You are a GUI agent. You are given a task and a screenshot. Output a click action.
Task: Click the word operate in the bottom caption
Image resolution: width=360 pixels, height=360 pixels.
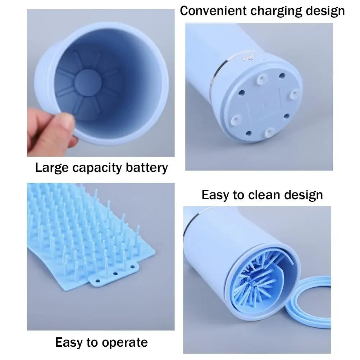(x=125, y=342)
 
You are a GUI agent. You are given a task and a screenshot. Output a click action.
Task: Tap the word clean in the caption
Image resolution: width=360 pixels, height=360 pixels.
(x=265, y=195)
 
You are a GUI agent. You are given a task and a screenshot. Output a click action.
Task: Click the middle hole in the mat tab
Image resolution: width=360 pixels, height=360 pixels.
(x=115, y=273)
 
